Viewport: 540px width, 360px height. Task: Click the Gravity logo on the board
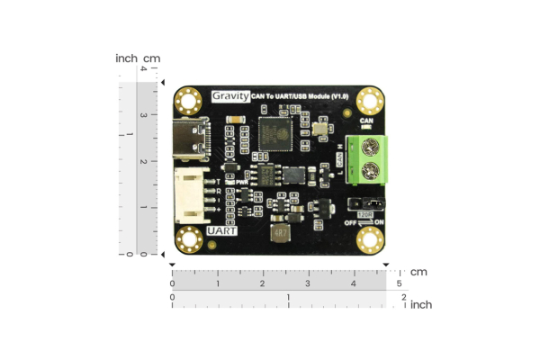[230, 95]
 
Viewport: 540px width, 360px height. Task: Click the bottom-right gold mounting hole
[371, 241]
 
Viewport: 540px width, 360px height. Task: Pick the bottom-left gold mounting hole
[188, 240]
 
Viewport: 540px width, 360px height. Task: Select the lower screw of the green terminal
[367, 171]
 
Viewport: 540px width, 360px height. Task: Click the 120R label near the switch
[364, 214]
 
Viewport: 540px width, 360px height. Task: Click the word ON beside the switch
[379, 222]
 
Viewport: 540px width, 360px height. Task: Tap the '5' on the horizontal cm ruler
[399, 283]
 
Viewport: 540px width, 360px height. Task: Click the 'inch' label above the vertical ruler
[127, 58]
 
